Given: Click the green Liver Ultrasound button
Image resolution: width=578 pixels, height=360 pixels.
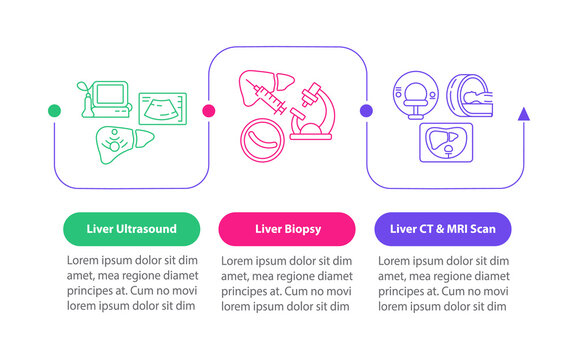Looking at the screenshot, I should [x=125, y=229].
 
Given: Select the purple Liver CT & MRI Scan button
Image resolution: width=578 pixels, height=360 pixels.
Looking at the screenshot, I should [x=444, y=229].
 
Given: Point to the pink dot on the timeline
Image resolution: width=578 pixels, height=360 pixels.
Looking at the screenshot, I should [x=208, y=111].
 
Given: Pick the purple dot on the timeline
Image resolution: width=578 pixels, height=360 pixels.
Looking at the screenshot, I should [x=366, y=111].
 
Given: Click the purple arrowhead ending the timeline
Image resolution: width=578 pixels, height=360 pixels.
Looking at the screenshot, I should [x=523, y=115].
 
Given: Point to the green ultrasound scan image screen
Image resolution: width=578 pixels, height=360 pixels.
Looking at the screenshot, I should [x=161, y=108].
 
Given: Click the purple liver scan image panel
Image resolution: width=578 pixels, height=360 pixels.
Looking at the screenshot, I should [x=446, y=144].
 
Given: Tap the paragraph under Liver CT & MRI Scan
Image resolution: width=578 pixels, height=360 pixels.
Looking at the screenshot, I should [x=444, y=283].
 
